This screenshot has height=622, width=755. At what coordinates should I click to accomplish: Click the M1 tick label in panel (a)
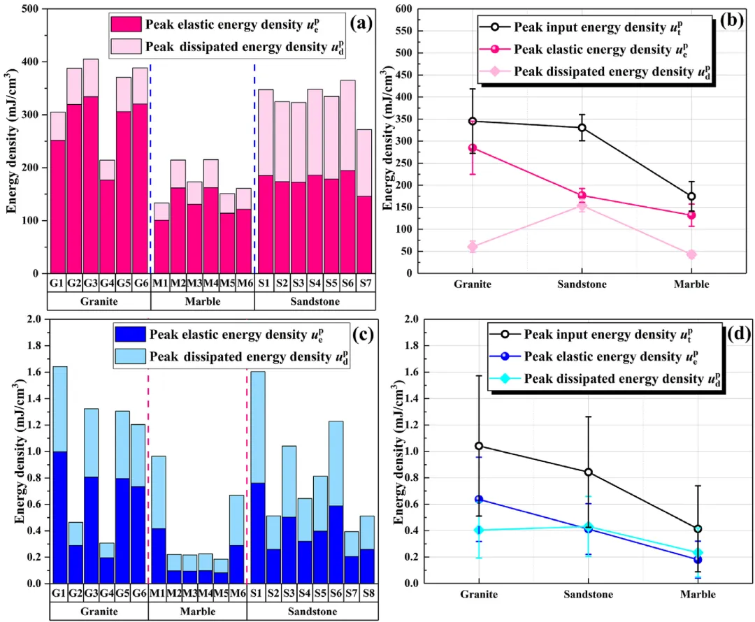[x=161, y=283]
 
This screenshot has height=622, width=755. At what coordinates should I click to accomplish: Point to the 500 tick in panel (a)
[x=30, y=9]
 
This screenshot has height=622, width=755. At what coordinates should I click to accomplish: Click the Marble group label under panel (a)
[x=202, y=302]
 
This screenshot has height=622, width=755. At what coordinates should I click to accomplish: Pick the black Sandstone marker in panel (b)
[x=582, y=128]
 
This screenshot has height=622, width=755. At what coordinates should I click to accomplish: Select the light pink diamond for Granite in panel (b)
[x=473, y=247]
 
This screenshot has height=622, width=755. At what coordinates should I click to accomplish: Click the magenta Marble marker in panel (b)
[x=691, y=215]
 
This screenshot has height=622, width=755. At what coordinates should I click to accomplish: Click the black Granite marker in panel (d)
[x=479, y=446]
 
